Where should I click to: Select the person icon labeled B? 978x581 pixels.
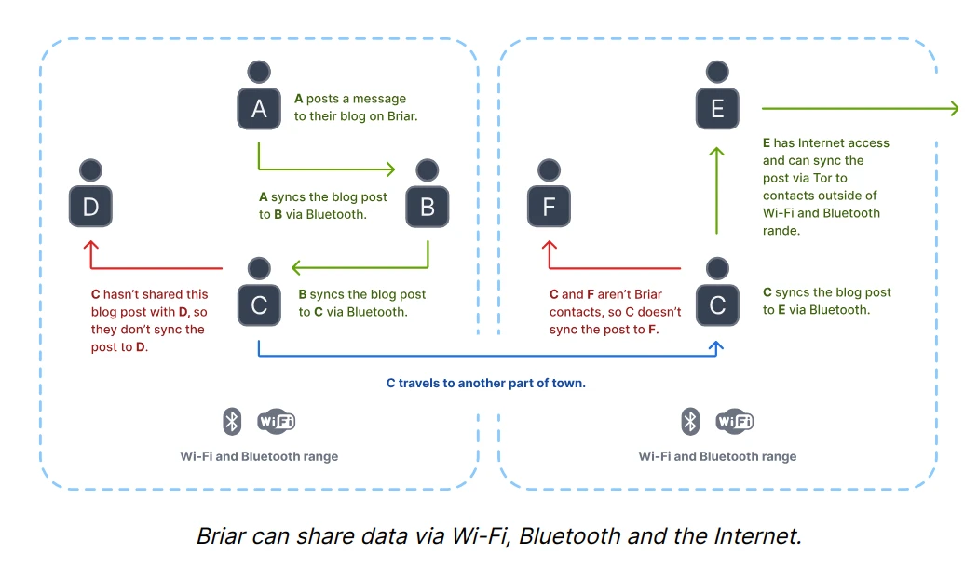point(428,197)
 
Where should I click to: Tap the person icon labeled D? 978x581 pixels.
point(90,197)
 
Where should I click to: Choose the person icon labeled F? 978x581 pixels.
point(549,197)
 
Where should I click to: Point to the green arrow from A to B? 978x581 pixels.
point(326,169)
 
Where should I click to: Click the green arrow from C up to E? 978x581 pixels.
point(716,191)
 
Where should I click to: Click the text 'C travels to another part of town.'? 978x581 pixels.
point(486,383)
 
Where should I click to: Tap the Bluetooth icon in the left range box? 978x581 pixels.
point(232,421)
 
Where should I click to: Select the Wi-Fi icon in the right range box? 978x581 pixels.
point(735,421)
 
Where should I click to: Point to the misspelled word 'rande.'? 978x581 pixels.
point(781,231)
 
